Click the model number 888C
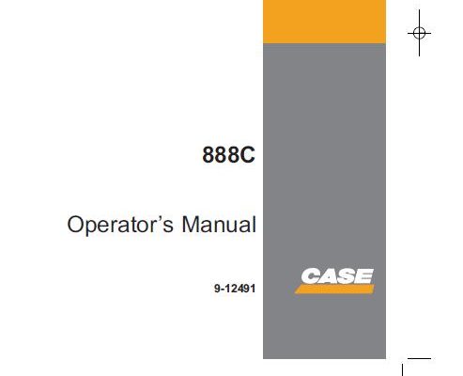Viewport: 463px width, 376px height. (228, 155)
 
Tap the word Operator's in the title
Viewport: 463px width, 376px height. (120, 225)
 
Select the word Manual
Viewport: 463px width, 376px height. (219, 224)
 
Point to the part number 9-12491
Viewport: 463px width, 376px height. (235, 289)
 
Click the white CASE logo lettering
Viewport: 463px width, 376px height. (337, 276)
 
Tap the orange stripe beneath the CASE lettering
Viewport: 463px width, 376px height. (334, 290)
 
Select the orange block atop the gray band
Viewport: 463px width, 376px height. (324, 22)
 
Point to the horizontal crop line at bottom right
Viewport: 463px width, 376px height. (419, 358)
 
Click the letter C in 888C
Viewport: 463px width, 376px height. (248, 155)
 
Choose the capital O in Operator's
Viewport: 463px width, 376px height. (76, 225)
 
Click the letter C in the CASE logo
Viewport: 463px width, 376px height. (311, 276)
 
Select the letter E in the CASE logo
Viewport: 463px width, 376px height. (364, 276)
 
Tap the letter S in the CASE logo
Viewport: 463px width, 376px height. (347, 276)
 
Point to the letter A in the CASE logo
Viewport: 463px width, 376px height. (329, 276)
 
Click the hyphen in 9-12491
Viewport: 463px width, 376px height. (223, 290)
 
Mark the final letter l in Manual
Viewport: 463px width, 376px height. (254, 224)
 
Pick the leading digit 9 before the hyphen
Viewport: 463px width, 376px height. (217, 289)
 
